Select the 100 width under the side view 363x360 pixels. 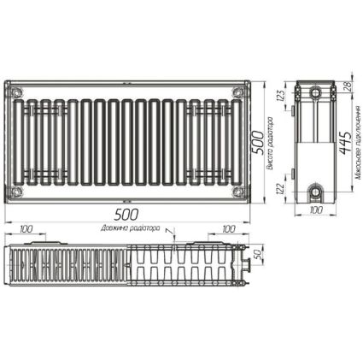click(314, 210)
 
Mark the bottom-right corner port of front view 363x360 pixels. click(240, 192)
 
